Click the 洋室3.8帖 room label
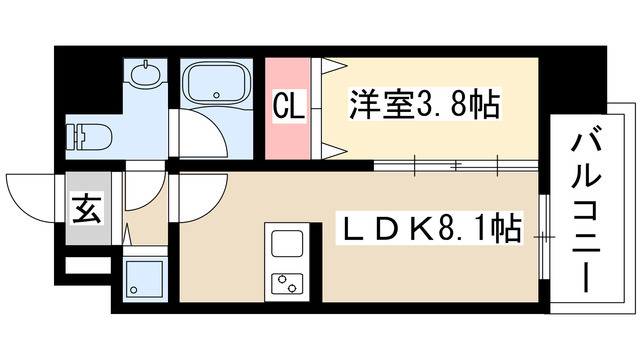(x=424, y=103)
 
